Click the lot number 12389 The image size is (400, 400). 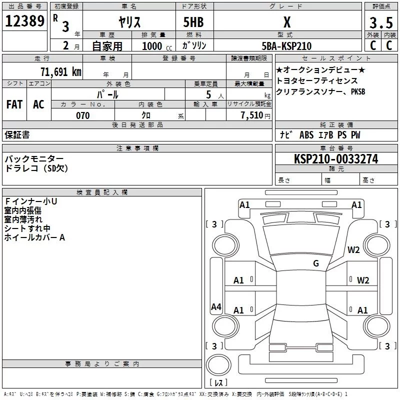coord(25,21)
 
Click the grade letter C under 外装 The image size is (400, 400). coord(372,45)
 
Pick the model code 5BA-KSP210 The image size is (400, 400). coord(286,46)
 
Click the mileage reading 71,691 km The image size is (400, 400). coord(60,71)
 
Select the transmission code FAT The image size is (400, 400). coord(14,104)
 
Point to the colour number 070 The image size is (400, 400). coord(82,115)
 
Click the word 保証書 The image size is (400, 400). coord(17,134)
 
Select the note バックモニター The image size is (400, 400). coord(34,158)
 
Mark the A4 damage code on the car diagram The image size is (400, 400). coord(216,307)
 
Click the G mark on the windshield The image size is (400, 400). coord(315,263)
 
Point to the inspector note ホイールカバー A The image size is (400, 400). coord(34,237)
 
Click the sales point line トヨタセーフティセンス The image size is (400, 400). coord(317,80)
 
